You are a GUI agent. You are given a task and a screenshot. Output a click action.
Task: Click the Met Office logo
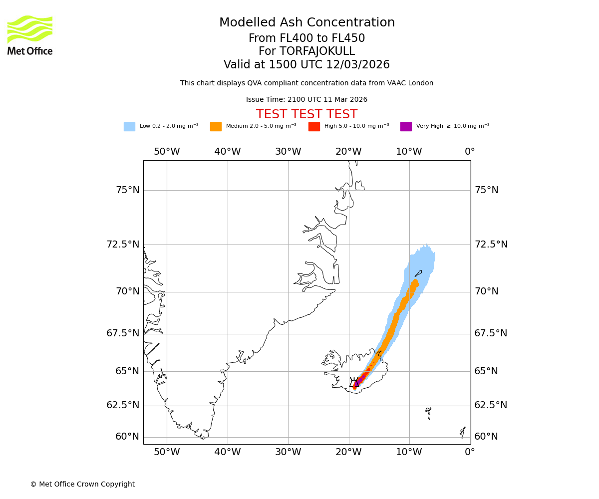click(x=30, y=35)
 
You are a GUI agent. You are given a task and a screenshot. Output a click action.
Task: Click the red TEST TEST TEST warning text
click(x=306, y=114)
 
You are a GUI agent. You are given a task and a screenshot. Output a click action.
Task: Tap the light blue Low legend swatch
click(x=129, y=127)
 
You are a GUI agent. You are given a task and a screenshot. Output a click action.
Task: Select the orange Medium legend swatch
click(x=216, y=127)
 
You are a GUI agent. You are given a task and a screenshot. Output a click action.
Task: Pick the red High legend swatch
click(x=314, y=127)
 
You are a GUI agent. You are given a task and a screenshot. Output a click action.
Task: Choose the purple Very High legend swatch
click(x=406, y=127)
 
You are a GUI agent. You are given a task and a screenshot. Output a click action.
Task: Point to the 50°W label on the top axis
click(x=167, y=152)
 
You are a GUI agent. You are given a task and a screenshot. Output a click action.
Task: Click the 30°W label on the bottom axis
click(x=288, y=453)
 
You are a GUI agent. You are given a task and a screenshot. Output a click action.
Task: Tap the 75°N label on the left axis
click(x=127, y=190)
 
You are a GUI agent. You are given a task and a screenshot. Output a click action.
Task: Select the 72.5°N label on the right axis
click(x=491, y=245)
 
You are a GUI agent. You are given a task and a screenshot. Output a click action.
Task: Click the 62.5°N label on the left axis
click(x=123, y=405)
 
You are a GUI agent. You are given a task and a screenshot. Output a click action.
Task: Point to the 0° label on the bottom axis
click(x=470, y=453)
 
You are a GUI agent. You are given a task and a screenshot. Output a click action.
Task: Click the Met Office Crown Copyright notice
click(x=82, y=484)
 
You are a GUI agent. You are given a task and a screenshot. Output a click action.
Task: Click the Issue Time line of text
click(x=306, y=100)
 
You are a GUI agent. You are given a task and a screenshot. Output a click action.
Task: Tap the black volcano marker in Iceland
click(x=355, y=383)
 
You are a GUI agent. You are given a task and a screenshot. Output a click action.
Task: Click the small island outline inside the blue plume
click(x=418, y=273)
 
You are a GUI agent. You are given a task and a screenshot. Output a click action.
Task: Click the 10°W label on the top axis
click(x=409, y=152)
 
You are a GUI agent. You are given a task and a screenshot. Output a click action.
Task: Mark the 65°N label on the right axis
click(x=486, y=371)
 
